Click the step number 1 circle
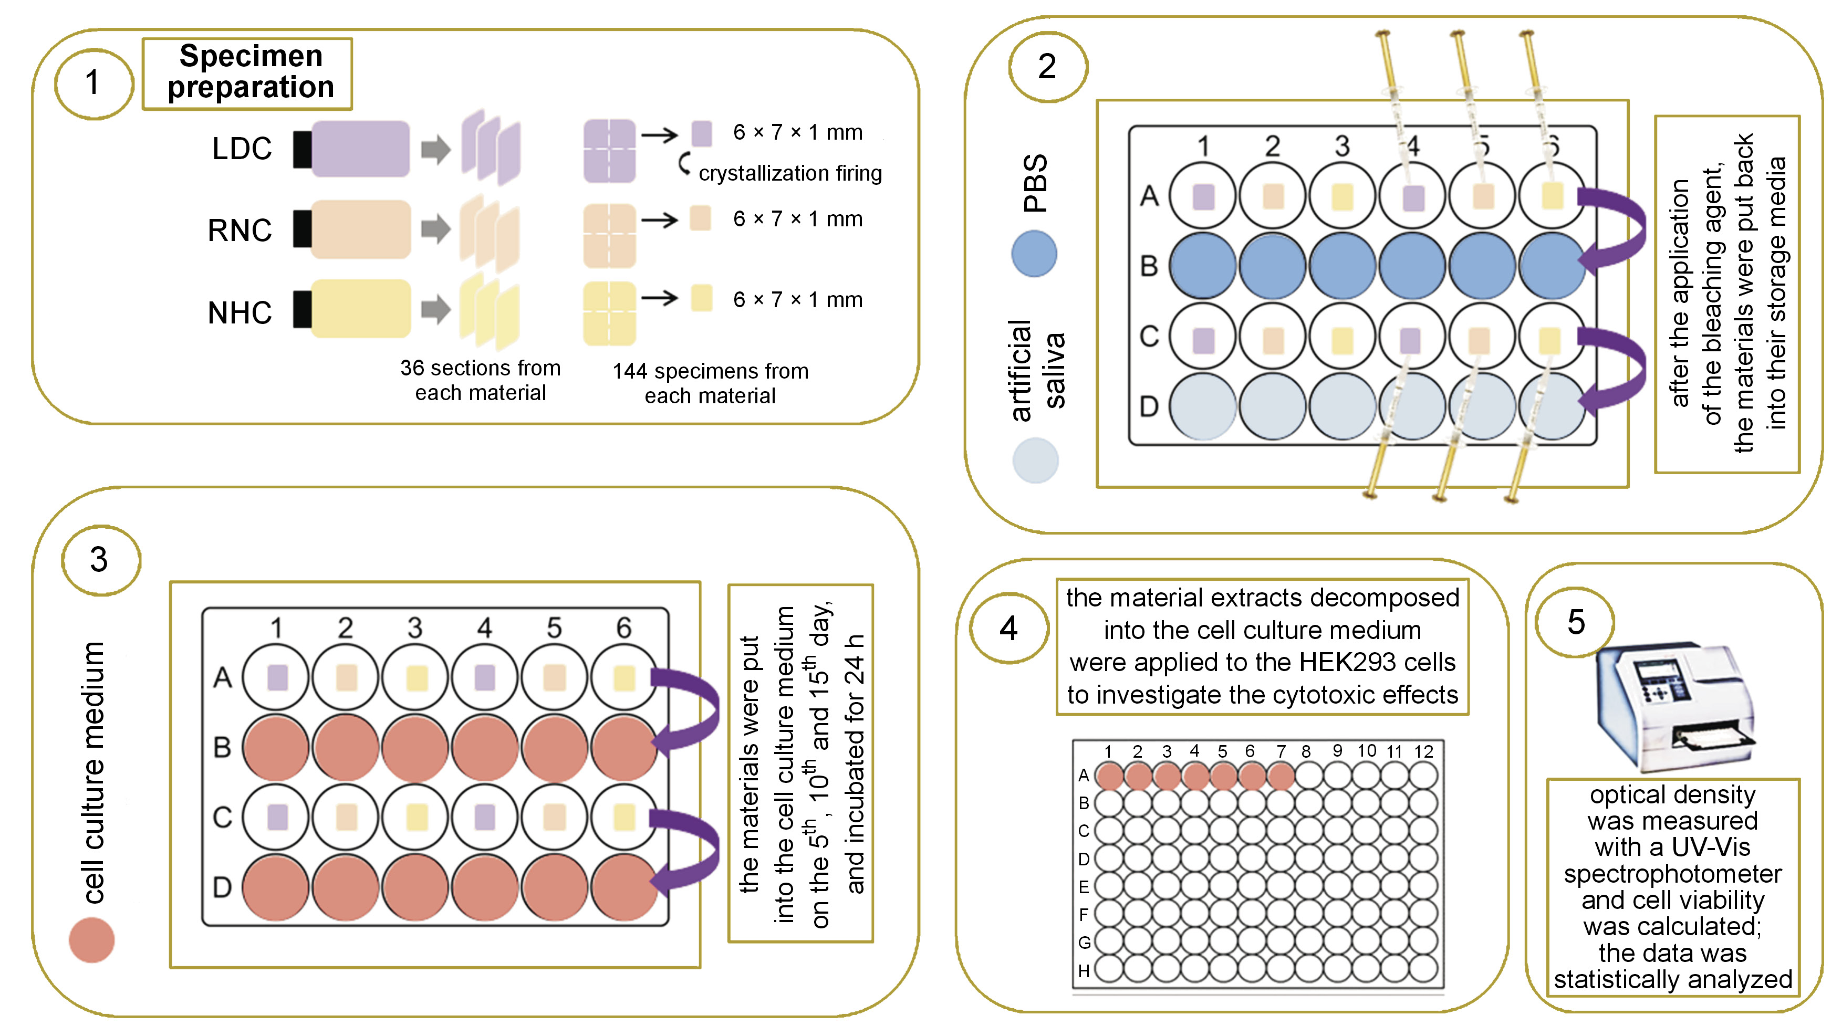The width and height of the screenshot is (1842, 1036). click(93, 82)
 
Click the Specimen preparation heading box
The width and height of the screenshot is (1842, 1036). click(247, 73)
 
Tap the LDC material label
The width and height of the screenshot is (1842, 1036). click(242, 149)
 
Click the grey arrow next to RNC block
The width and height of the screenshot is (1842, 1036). click(435, 229)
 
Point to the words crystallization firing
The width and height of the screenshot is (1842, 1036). click(789, 174)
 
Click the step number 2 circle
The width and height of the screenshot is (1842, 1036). click(1047, 67)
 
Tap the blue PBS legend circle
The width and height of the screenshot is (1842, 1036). click(1034, 254)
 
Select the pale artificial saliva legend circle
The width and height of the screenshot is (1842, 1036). click(1035, 461)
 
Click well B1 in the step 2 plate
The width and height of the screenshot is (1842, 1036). click(1203, 265)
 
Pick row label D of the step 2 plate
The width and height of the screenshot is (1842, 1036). click(1148, 406)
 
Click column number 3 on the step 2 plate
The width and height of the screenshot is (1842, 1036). click(1342, 146)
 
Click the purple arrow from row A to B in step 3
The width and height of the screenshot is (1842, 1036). click(686, 711)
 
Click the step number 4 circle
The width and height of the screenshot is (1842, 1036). click(1008, 629)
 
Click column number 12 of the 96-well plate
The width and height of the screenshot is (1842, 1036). click(1424, 751)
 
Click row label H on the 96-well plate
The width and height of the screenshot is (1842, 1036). click(1084, 970)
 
